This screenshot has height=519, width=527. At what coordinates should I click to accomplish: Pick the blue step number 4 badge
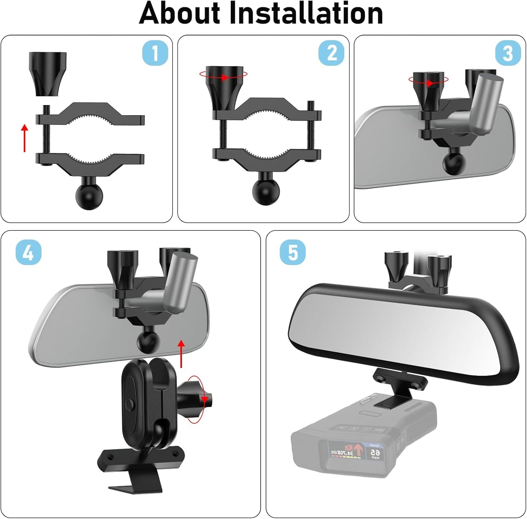pyautogui.click(x=28, y=252)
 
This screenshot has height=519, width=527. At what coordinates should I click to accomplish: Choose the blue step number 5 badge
pyautogui.click(x=292, y=252)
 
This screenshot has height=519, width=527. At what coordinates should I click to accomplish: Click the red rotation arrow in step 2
pyautogui.click(x=224, y=76)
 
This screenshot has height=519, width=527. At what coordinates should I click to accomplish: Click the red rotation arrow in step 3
pyautogui.click(x=428, y=81)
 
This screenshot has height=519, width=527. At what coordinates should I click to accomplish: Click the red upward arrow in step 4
pyautogui.click(x=181, y=353)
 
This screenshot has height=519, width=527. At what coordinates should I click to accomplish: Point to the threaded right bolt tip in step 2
pyautogui.click(x=311, y=106)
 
